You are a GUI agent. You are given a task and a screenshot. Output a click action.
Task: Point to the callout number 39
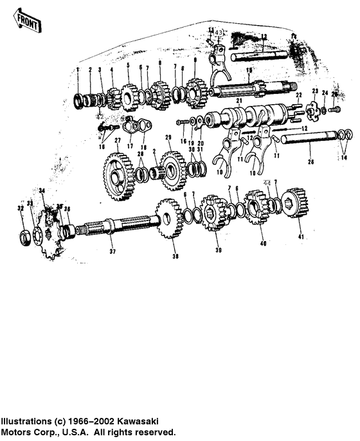[218, 250]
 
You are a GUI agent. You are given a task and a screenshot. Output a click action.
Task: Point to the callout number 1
[77, 69]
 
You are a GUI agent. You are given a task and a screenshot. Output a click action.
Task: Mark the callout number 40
[262, 244]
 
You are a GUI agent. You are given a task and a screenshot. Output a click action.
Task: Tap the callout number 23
[315, 91]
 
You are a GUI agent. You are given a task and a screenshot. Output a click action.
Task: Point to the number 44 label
[267, 183]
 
